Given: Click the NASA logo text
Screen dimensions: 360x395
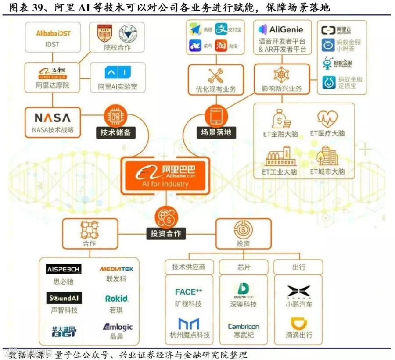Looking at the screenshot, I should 52,118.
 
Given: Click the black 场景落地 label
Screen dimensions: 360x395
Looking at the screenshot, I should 216,132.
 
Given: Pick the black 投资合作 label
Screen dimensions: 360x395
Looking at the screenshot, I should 166,233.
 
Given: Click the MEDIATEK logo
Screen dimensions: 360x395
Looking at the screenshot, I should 116,269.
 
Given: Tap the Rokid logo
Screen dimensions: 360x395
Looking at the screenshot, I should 116,298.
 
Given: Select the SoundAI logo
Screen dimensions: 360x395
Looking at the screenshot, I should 64,298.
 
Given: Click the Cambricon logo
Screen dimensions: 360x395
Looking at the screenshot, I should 244,326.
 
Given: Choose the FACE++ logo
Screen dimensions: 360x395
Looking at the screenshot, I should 189,292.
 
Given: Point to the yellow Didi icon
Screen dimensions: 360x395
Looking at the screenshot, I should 299,324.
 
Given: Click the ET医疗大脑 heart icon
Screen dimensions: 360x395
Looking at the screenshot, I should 327,118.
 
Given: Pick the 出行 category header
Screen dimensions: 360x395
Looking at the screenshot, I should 298,267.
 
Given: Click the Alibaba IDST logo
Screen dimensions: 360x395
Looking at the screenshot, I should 53,33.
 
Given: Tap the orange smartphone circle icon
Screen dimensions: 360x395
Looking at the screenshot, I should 216,116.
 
